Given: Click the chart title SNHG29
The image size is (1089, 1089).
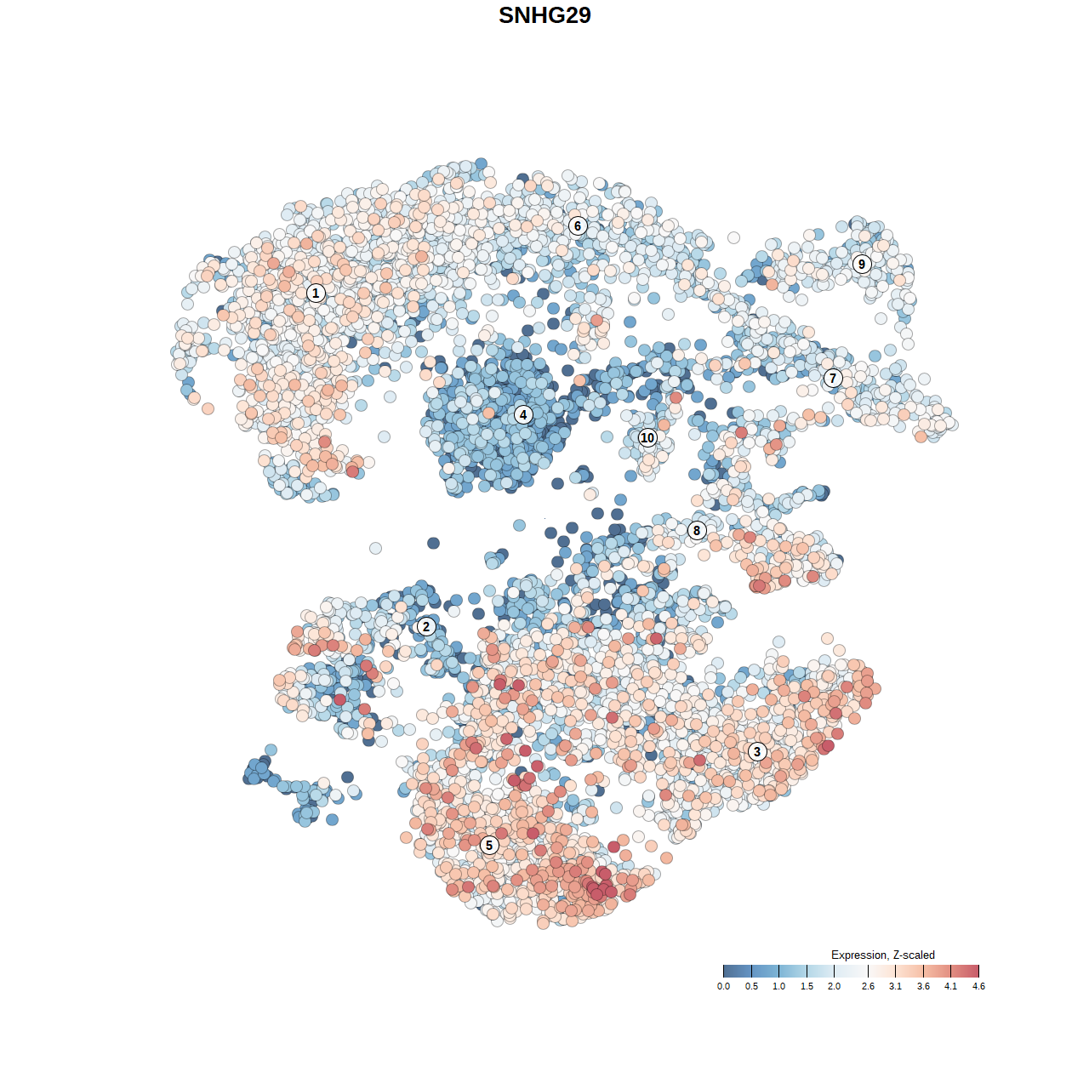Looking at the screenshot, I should coord(544,15).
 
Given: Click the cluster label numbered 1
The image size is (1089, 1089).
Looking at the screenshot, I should coord(316,293).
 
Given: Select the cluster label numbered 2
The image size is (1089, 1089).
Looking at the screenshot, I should coord(426,627).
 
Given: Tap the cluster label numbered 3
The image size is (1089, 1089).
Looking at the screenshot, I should coord(757,751).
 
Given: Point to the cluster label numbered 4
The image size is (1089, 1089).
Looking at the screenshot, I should coord(523,415).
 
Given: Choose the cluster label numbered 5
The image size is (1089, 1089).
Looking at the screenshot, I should coord(488,845).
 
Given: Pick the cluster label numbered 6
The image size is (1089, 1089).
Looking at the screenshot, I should coord(578,225).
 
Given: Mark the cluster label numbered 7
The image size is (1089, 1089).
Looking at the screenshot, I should coord(833,379).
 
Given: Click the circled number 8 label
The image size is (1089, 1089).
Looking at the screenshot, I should coord(697,531).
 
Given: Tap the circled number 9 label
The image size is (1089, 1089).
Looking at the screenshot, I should coord(862,264).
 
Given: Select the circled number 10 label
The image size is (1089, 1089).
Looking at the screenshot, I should coord(647,438).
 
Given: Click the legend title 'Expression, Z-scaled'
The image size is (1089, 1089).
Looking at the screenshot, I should coord(882,955).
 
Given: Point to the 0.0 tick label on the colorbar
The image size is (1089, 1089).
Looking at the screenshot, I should coord(723,987).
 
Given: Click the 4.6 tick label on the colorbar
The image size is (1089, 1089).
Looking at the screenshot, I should coord(978,987).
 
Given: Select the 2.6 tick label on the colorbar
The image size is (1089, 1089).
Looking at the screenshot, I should coord(868,987).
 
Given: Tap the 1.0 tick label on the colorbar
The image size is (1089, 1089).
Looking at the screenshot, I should coord(778,987).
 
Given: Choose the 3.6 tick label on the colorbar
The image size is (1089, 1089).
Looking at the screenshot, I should coord(923,987).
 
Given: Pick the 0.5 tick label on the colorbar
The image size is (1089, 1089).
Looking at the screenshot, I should coord(751,987).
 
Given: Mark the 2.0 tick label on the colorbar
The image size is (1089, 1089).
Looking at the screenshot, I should coord(834,987).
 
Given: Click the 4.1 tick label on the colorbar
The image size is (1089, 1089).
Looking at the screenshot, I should coord(950,987).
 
